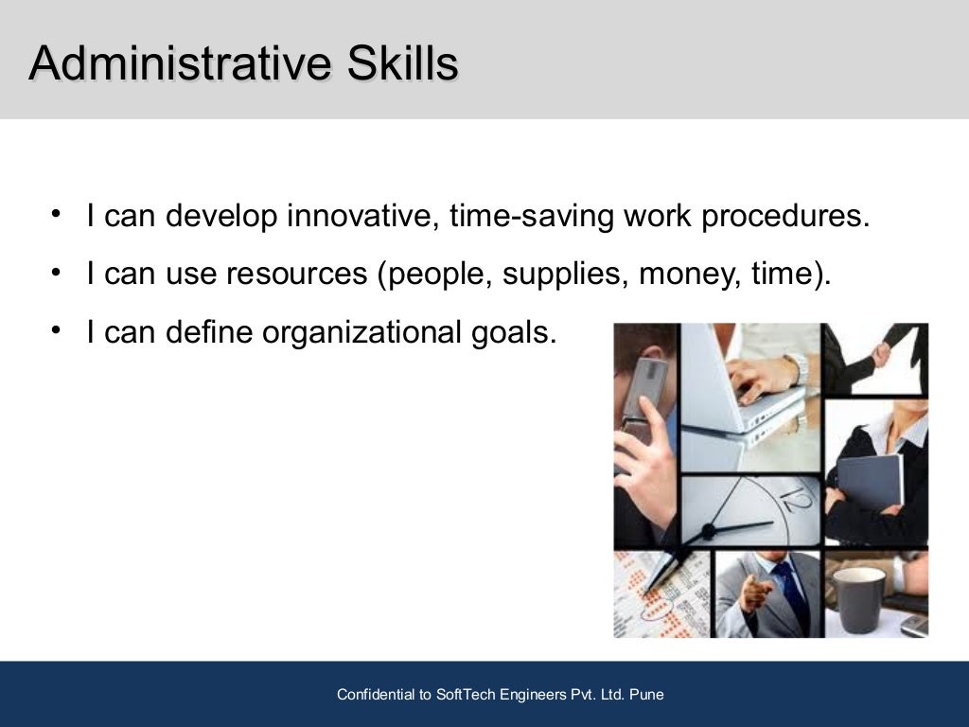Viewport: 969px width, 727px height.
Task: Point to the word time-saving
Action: [531, 217]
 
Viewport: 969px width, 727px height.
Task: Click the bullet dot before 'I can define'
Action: [58, 328]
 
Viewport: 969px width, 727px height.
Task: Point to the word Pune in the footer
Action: [645, 695]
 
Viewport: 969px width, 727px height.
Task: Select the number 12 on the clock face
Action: [790, 495]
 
